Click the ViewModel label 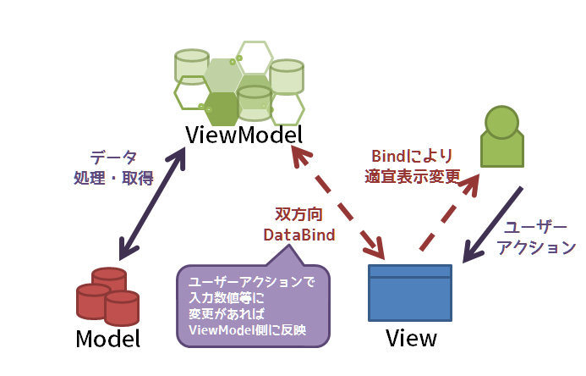[244, 135]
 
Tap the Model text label [107, 339]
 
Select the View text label [411, 339]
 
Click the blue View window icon [410, 292]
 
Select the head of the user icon [502, 119]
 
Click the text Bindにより [412, 157]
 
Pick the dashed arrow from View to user [449, 212]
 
